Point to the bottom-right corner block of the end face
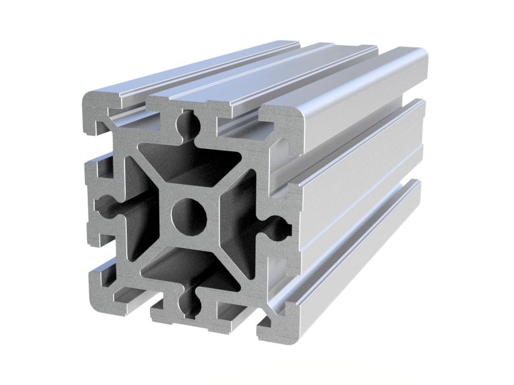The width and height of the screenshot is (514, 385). pos(275,322)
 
